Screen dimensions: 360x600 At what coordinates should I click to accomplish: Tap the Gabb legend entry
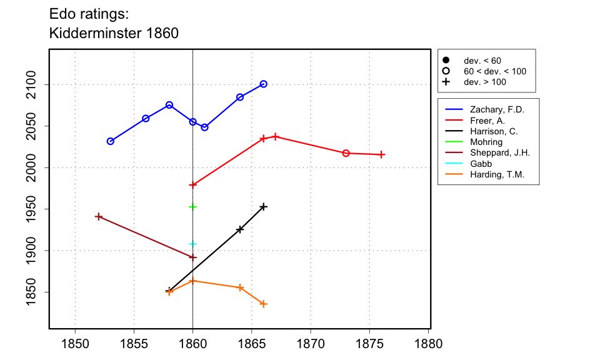[481, 164]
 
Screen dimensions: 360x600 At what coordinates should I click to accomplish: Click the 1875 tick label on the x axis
[369, 344]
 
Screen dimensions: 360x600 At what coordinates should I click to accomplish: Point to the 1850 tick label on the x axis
[75, 344]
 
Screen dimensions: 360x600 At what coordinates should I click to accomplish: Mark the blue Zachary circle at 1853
[111, 141]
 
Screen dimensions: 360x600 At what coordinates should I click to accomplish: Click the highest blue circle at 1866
[264, 84]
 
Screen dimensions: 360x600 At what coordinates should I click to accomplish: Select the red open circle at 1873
[346, 153]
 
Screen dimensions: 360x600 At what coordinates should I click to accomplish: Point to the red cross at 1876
[382, 154]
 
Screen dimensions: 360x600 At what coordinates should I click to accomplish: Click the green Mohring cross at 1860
[193, 207]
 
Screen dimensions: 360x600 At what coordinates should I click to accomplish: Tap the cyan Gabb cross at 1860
[193, 244]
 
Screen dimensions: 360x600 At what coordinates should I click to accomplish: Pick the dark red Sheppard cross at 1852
[99, 216]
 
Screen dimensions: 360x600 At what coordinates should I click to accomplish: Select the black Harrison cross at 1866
[264, 206]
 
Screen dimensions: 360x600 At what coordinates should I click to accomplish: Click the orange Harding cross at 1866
[264, 304]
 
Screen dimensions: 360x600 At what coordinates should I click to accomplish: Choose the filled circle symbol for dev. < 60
[446, 61]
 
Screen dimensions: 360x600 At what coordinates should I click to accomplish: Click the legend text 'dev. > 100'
[485, 82]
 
